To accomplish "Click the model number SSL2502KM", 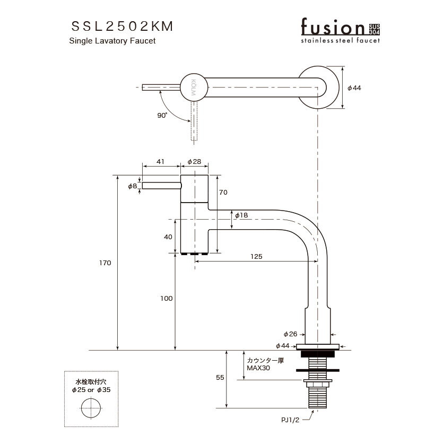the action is click(122, 27).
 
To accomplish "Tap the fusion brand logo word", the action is click(333, 27).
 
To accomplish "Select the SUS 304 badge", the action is click(374, 30).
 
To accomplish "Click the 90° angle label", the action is click(162, 115).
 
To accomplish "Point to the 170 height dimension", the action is click(105, 263).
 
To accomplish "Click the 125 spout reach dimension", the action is click(256, 257).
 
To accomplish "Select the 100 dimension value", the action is click(166, 299).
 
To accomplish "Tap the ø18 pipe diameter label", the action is click(241, 215).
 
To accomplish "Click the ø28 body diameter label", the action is click(194, 161).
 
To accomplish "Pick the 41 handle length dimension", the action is click(161, 161).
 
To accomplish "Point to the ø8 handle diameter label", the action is click(132, 186).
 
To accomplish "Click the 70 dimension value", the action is click(223, 192).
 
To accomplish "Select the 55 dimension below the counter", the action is click(220, 378).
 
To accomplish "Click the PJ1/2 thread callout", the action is click(290, 420).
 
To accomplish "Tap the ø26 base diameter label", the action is click(291, 334).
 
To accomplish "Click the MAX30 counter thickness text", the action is click(258, 368).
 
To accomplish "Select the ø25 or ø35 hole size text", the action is click(91, 390).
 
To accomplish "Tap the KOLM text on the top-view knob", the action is click(194, 87).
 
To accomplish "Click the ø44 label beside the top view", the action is click(354, 88).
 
